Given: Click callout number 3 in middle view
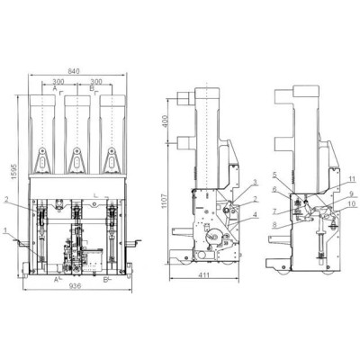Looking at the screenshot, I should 230,183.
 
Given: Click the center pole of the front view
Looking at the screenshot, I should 76,135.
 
